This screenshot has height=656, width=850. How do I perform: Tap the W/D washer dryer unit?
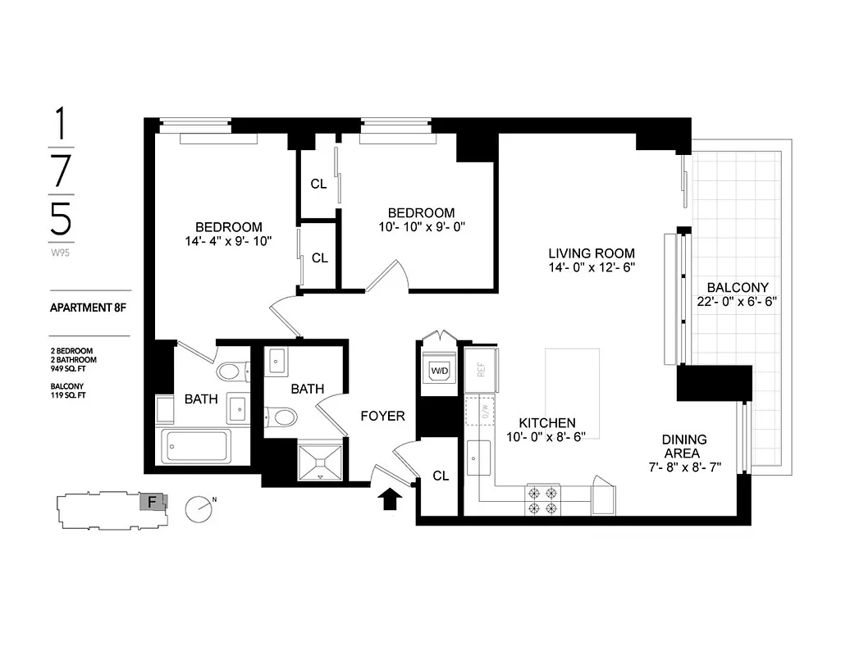pyautogui.click(x=440, y=371)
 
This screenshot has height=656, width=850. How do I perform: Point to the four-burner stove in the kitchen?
pyautogui.click(x=542, y=500)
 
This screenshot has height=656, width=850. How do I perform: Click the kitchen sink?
pyautogui.click(x=478, y=458)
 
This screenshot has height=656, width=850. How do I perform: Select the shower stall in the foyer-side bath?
pyautogui.click(x=319, y=462)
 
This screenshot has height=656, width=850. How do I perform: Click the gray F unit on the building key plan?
pyautogui.click(x=152, y=500)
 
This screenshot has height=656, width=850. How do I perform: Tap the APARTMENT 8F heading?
pyautogui.click(x=89, y=309)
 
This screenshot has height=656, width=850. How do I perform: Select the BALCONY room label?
pyautogui.click(x=737, y=287)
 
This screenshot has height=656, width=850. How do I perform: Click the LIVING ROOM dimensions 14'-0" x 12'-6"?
pyautogui.click(x=592, y=268)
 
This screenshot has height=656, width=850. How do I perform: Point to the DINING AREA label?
pyautogui.click(x=684, y=446)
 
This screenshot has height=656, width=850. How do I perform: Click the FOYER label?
pyautogui.click(x=382, y=417)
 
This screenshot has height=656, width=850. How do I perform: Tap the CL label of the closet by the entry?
pyautogui.click(x=441, y=476)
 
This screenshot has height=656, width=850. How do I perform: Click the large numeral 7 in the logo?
pyautogui.click(x=62, y=171)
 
